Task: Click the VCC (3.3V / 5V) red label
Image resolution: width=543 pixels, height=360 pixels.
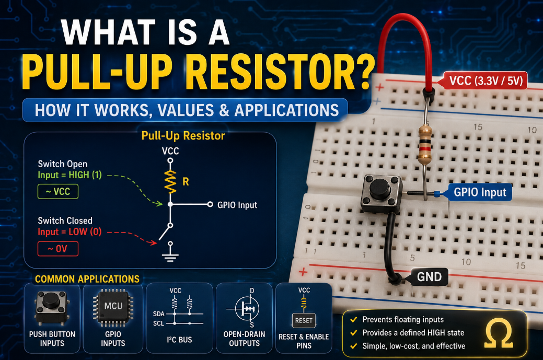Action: [483, 80]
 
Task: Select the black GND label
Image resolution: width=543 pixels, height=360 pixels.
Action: [426, 276]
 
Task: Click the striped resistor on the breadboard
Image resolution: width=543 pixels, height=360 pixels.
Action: [425, 144]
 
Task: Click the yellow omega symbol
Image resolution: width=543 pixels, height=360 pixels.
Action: [499, 333]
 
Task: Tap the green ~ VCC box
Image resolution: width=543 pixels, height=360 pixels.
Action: [58, 191]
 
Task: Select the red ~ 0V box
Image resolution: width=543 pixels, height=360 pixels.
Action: [58, 249]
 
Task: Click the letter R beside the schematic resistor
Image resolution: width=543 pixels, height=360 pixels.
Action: [186, 181]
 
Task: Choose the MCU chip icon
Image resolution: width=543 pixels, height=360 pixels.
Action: [113, 306]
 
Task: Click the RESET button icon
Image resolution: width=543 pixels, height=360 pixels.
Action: [304, 320]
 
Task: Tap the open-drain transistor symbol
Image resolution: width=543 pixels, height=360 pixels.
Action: [247, 308]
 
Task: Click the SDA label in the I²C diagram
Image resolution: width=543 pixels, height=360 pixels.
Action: [158, 314]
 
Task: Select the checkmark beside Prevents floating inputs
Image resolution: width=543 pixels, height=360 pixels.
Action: [354, 319]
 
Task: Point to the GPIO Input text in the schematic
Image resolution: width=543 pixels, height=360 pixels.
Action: [237, 205]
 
